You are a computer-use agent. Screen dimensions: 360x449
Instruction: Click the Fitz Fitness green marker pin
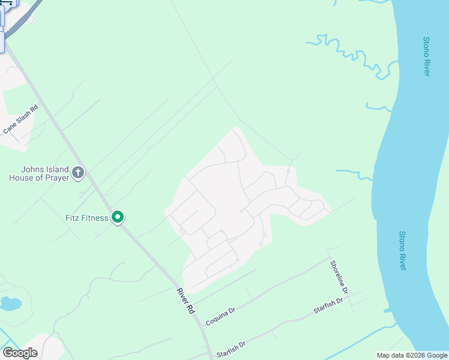(x=118, y=217)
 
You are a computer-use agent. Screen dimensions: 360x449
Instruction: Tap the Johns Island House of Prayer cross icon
(x=77, y=173)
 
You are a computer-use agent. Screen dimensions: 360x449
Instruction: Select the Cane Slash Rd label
(x=20, y=119)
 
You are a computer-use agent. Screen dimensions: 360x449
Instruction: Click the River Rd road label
(x=187, y=301)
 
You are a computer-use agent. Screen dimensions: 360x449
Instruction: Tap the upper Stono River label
(x=426, y=56)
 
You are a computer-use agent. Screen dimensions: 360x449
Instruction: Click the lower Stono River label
(x=402, y=250)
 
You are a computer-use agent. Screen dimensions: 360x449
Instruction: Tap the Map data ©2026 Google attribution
(x=412, y=355)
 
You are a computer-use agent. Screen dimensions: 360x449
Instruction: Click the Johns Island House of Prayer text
(x=38, y=173)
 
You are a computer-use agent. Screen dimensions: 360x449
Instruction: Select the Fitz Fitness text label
(x=87, y=218)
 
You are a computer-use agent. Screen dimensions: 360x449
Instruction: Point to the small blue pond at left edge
(x=10, y=304)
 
